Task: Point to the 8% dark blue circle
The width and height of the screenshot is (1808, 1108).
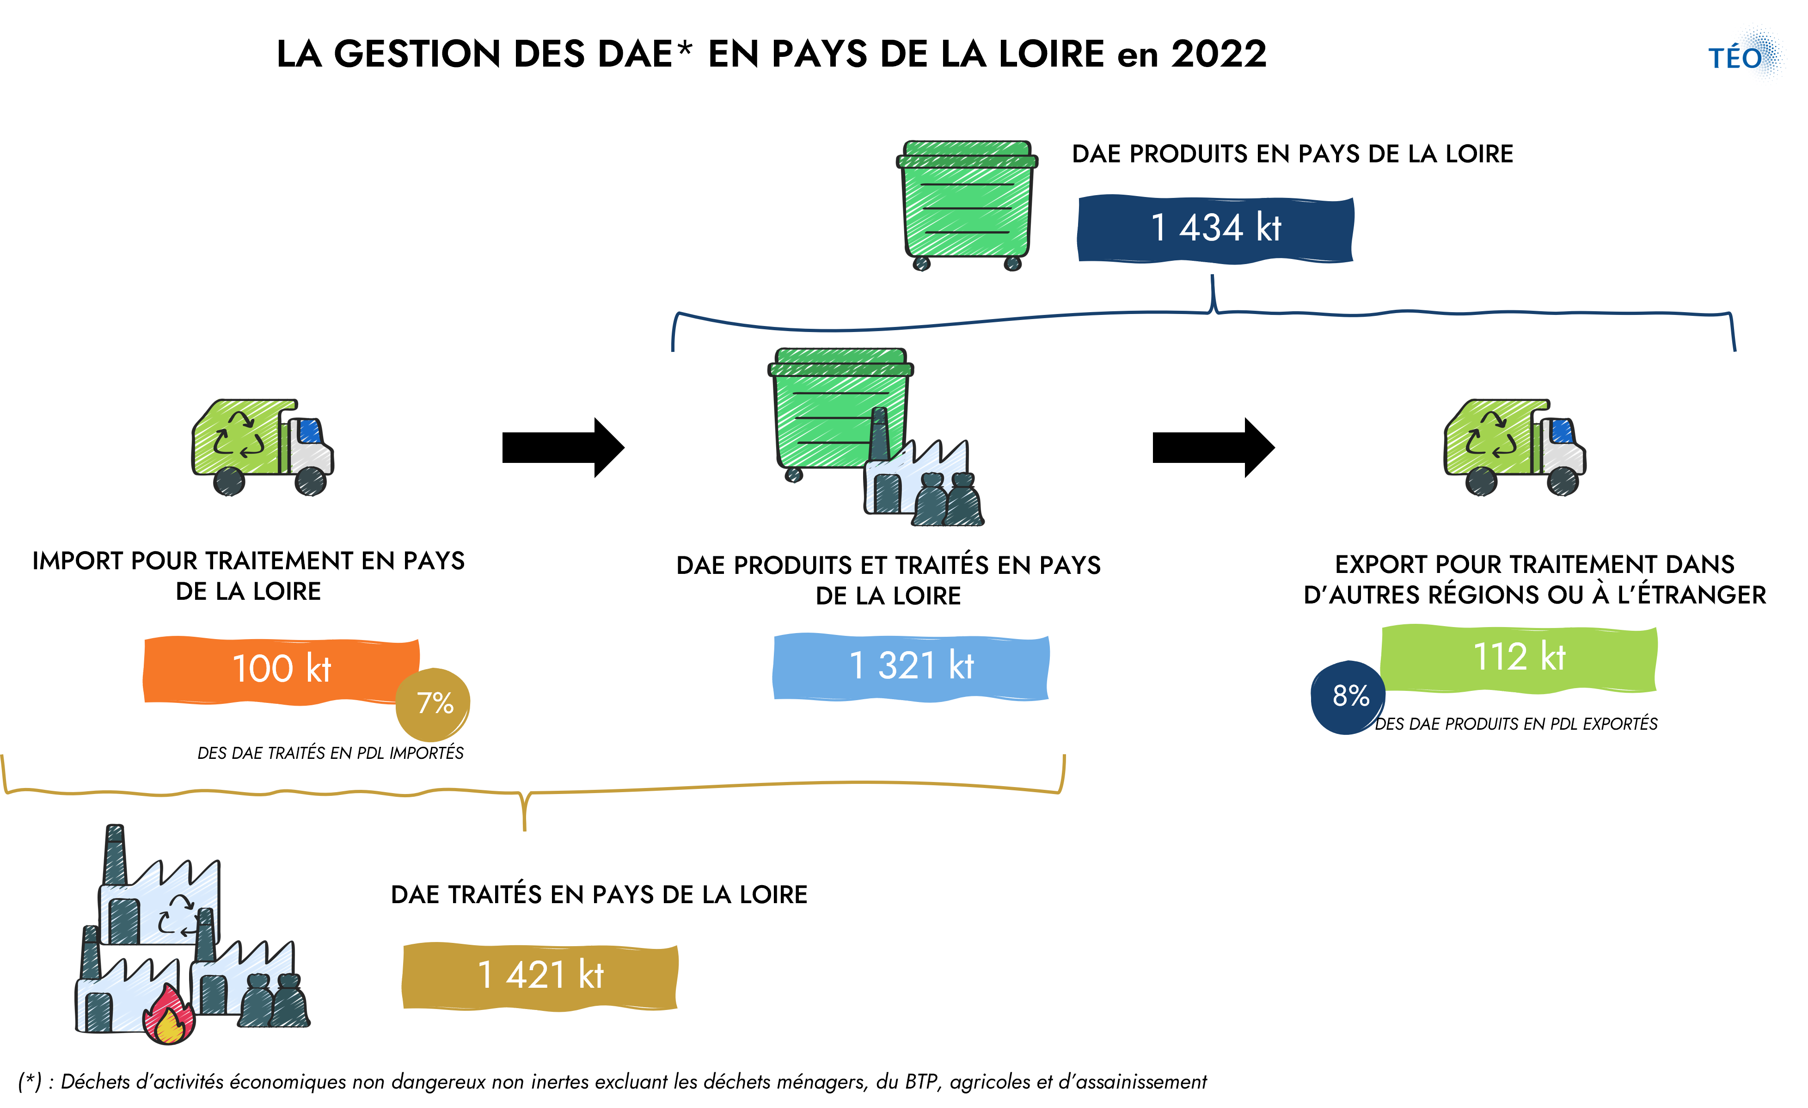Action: pos(1348,697)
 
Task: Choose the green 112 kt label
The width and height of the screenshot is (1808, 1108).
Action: pos(1519,658)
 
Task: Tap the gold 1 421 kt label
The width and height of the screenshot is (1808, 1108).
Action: pos(540,976)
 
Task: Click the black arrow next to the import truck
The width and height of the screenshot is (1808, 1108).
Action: pos(563,448)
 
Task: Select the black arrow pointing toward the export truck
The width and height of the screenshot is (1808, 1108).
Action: pos(1214,448)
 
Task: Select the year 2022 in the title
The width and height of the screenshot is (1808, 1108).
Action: pos(1219,54)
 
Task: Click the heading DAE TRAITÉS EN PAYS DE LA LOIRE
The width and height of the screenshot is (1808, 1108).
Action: pos(599,895)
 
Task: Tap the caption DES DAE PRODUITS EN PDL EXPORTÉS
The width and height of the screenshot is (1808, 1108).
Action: pos(1516,724)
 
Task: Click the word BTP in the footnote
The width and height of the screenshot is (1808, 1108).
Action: pos(922,1082)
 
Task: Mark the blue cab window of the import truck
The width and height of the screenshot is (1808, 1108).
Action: pos(310,431)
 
